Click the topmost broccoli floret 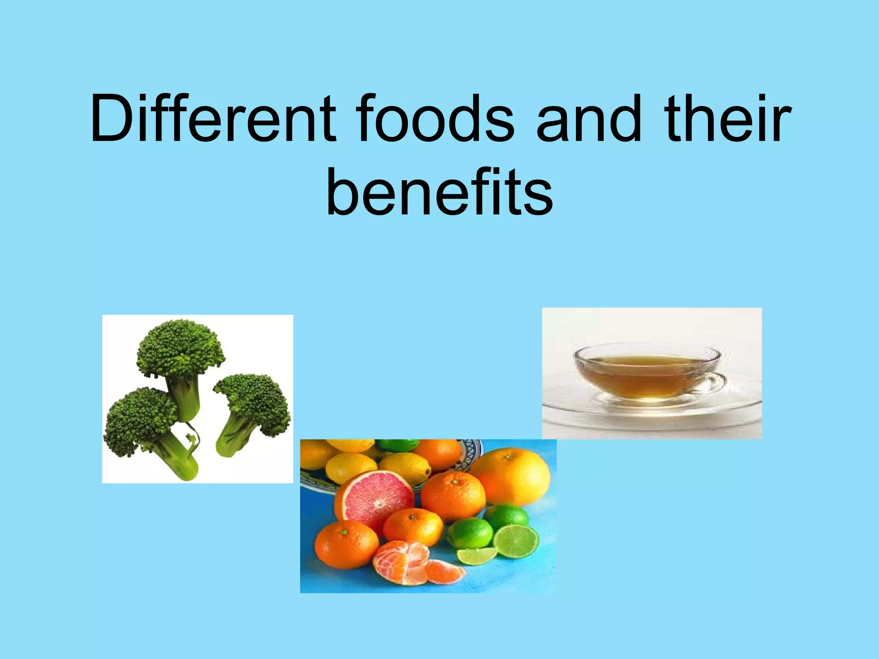[x=180, y=348]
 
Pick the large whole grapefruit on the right [x=511, y=476]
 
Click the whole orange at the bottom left [x=346, y=545]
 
